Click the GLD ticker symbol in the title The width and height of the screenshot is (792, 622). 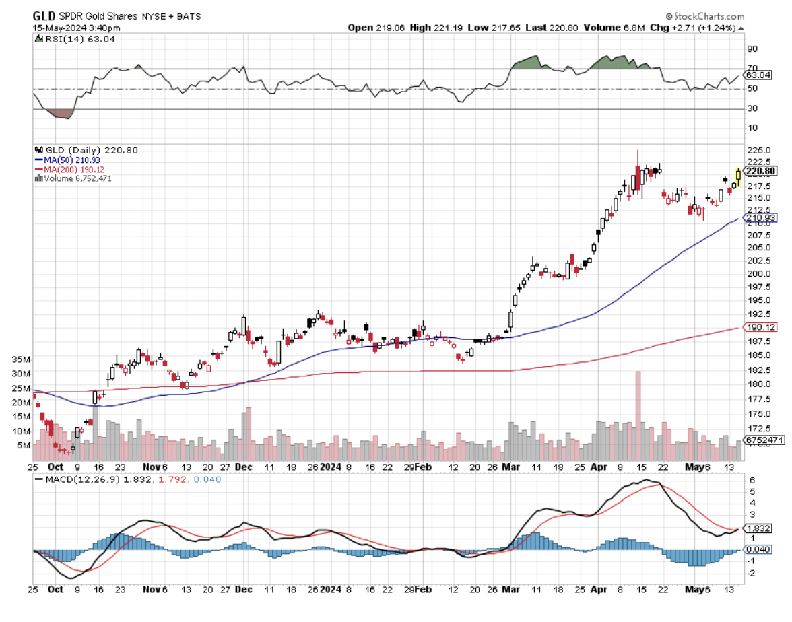click(44, 15)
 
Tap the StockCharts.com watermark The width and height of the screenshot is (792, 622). click(707, 15)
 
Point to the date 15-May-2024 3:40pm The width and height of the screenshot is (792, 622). click(77, 28)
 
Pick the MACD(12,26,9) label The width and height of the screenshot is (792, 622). click(76, 479)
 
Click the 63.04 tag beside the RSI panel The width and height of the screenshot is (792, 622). click(760, 75)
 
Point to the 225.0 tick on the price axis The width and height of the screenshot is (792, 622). click(756, 150)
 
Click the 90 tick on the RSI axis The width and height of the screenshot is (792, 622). click(752, 48)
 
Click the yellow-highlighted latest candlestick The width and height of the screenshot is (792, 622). click(739, 177)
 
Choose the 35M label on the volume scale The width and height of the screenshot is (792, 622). click(22, 359)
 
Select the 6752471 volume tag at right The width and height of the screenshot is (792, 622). click(763, 440)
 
